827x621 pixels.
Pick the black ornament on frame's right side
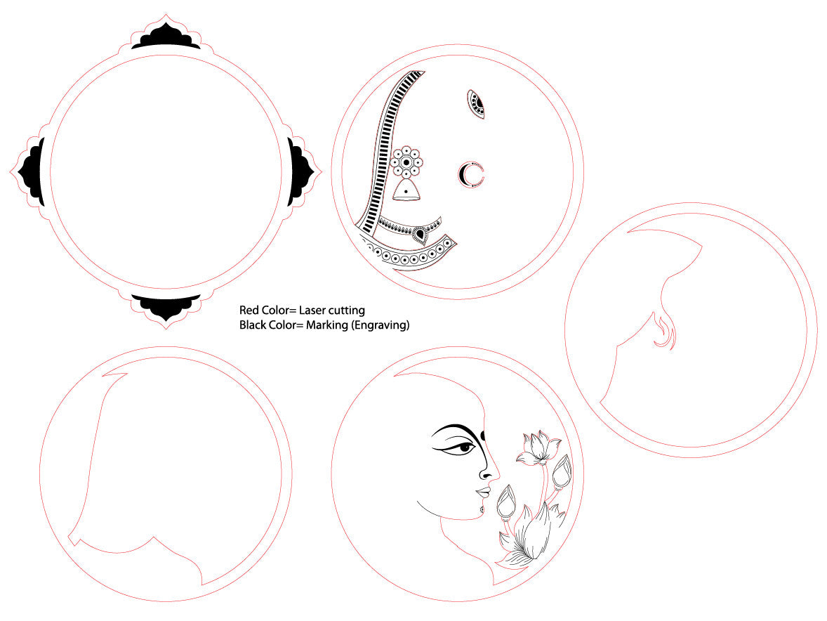pos(300,172)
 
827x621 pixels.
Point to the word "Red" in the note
pos(249,310)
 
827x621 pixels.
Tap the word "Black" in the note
pos(253,325)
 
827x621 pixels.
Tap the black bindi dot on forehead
pos(482,435)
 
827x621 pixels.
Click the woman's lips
pos(484,493)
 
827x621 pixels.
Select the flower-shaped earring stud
pos(406,162)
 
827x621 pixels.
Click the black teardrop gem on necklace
pos(420,233)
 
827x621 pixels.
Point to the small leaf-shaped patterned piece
pos(476,104)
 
